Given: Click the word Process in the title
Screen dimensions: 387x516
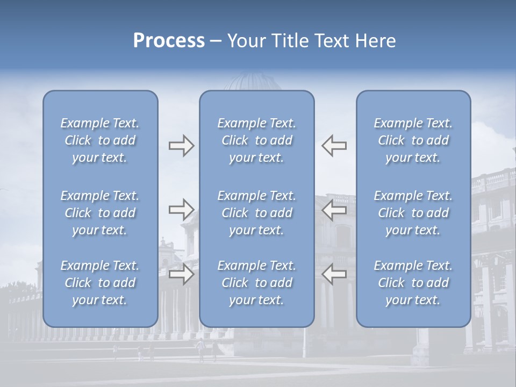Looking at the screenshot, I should (169, 41).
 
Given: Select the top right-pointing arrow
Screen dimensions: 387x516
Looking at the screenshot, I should (181, 146).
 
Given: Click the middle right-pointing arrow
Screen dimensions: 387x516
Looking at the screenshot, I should (181, 210).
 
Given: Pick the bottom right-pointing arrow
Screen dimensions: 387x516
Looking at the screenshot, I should (181, 275).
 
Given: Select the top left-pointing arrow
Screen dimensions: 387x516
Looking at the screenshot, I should (334, 146).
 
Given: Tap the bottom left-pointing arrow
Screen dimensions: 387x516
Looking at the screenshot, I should (334, 275).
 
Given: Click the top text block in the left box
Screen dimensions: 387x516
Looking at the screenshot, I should (100, 140).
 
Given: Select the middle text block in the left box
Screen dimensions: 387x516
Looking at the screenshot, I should (100, 213).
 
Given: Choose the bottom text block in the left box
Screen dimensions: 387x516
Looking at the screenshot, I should (100, 283).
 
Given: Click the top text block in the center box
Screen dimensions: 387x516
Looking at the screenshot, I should (256, 140).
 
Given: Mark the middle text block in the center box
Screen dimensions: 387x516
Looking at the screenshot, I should (256, 213).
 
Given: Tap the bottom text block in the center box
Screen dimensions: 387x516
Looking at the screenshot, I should (256, 283).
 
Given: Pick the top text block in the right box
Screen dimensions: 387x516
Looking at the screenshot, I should (413, 140).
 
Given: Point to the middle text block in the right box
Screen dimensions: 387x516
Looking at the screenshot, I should (413, 213).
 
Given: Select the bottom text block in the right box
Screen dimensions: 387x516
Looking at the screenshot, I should (413, 283).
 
